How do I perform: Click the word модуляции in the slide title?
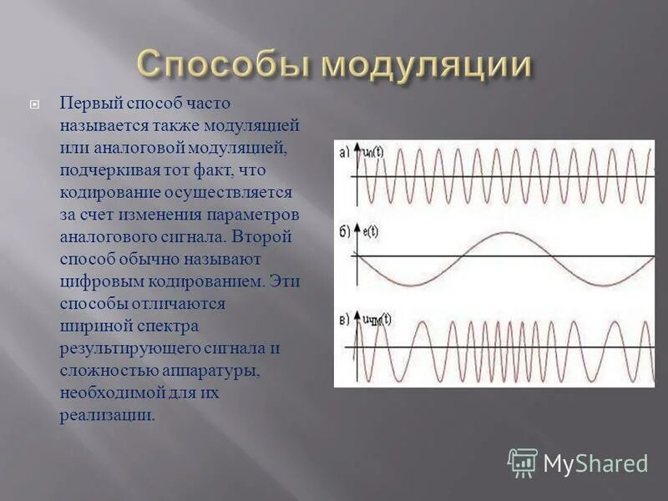point(427,64)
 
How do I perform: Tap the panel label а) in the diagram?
point(344,152)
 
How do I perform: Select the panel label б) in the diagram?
point(344,231)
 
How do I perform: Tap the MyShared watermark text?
point(595,463)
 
